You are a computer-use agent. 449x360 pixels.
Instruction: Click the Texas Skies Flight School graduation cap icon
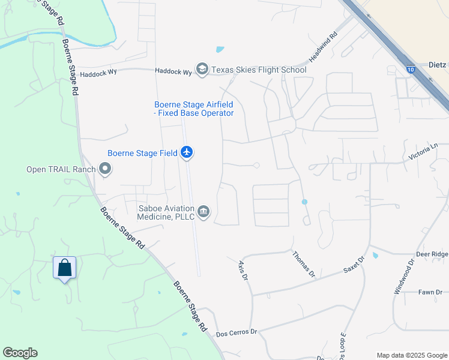[202, 70]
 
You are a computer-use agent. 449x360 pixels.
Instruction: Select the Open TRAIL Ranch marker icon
[106, 169]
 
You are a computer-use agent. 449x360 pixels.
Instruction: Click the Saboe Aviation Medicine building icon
[204, 212]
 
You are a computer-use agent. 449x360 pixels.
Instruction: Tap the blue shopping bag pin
[65, 268]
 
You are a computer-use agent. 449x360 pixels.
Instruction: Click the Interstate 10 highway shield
[410, 70]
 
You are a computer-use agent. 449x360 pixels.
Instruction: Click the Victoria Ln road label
[423, 152]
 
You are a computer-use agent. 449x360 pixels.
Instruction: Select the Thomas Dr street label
[303, 265]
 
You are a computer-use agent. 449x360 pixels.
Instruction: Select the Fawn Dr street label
[430, 292]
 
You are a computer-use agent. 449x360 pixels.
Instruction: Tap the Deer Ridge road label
[432, 254]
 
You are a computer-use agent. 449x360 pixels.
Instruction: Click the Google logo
[20, 353]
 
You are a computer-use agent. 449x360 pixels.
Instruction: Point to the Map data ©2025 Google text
[411, 355]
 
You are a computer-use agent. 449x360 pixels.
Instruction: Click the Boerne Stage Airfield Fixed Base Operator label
[193, 109]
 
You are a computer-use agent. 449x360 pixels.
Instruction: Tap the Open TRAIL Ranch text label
[61, 169]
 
